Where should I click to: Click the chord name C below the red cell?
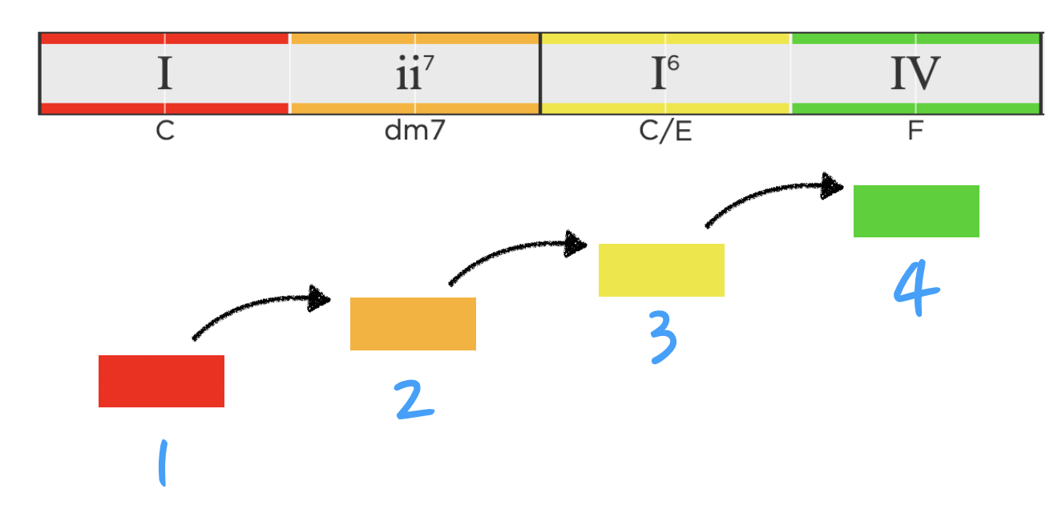[165, 132]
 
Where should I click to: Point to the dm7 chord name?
[414, 132]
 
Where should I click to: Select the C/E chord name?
[665, 132]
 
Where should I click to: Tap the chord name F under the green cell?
[915, 132]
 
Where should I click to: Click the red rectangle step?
[161, 381]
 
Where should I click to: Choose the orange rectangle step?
[413, 324]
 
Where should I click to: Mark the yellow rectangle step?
[661, 270]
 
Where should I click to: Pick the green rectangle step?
[916, 211]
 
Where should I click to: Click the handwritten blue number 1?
[163, 464]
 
